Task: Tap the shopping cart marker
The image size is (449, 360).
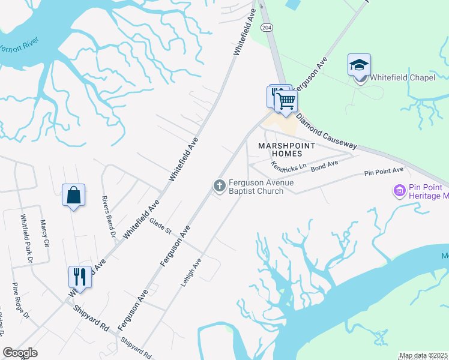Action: pyautogui.click(x=286, y=100)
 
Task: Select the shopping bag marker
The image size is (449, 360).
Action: pyautogui.click(x=73, y=195)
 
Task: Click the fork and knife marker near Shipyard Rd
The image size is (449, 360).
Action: pyautogui.click(x=80, y=277)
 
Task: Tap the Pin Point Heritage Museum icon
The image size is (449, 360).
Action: pyautogui.click(x=399, y=191)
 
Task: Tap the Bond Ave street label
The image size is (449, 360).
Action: pyautogui.click(x=325, y=164)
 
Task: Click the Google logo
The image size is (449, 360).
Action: pyautogui.click(x=20, y=352)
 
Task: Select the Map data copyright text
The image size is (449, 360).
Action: pyautogui.click(x=423, y=355)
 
